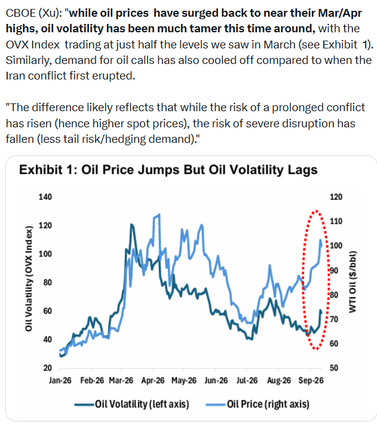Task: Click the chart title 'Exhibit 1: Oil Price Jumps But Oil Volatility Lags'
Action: click(x=168, y=170)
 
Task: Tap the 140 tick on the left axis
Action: click(x=45, y=197)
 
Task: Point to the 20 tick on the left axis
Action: click(x=48, y=368)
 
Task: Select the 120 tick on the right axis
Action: click(x=336, y=197)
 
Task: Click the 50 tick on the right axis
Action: click(x=334, y=368)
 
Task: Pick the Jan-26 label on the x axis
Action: click(x=60, y=380)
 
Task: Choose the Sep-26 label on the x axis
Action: click(x=311, y=380)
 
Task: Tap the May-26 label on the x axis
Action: click(x=184, y=380)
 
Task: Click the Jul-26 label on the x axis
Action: click(x=247, y=380)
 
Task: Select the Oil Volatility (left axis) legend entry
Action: click(x=131, y=404)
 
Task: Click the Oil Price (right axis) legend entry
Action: click(x=258, y=404)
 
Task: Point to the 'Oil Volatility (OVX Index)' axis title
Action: click(x=29, y=279)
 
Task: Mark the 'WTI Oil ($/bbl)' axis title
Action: click(x=353, y=282)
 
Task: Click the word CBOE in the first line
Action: click(x=21, y=13)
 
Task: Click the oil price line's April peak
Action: click(x=158, y=215)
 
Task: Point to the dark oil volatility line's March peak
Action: click(x=132, y=224)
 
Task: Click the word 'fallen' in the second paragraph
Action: click(x=20, y=139)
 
